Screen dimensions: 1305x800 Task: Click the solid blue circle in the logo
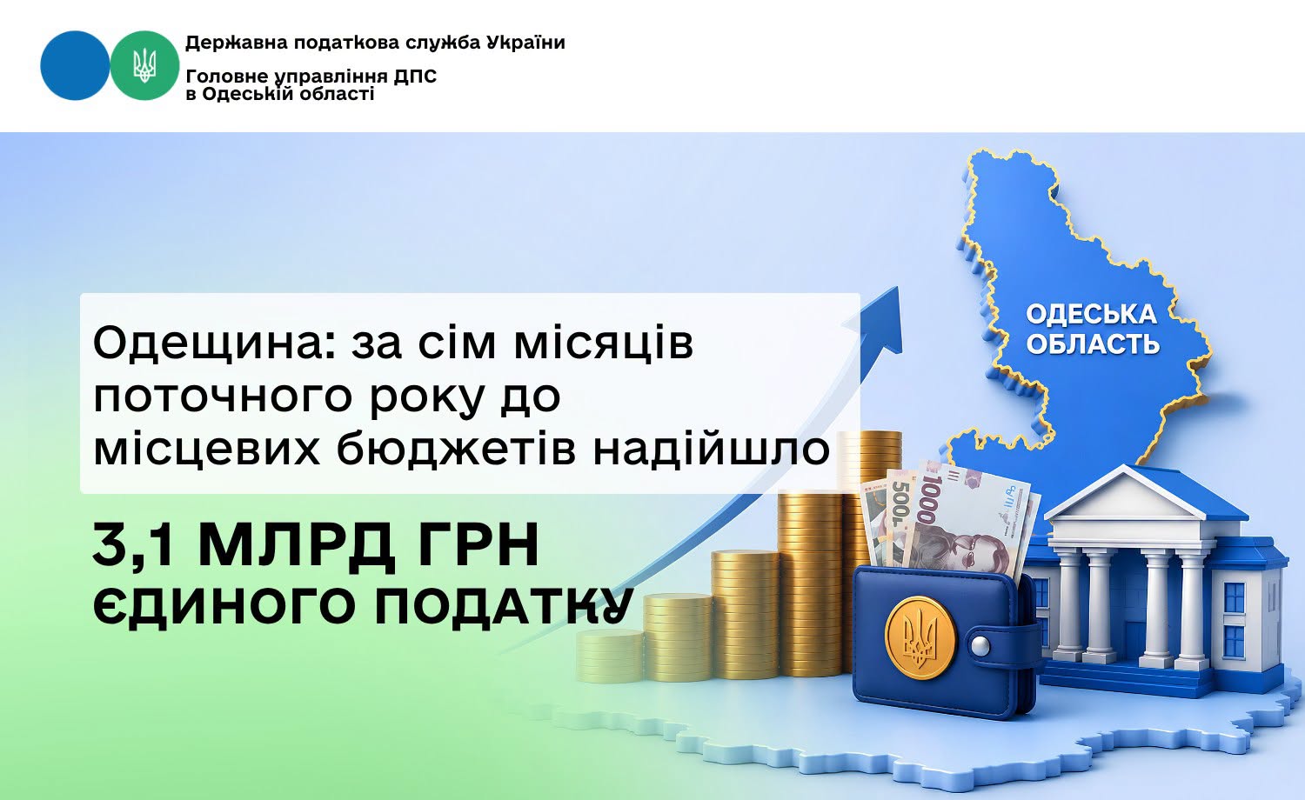coord(75,65)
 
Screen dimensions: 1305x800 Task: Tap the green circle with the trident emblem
coord(144,65)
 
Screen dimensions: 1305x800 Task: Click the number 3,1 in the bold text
coord(133,546)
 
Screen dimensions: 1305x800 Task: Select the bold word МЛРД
coord(296,546)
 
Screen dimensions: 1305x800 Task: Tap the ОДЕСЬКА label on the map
coord(1091,315)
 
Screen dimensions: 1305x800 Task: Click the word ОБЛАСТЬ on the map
coord(1093,344)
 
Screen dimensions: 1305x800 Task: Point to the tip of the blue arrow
coord(899,288)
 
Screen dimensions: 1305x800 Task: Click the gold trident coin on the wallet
coord(920,638)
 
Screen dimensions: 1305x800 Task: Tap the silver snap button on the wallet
coord(980,645)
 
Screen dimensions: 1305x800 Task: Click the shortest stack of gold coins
coord(610,657)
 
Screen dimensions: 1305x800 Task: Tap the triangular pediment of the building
coord(1124,497)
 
